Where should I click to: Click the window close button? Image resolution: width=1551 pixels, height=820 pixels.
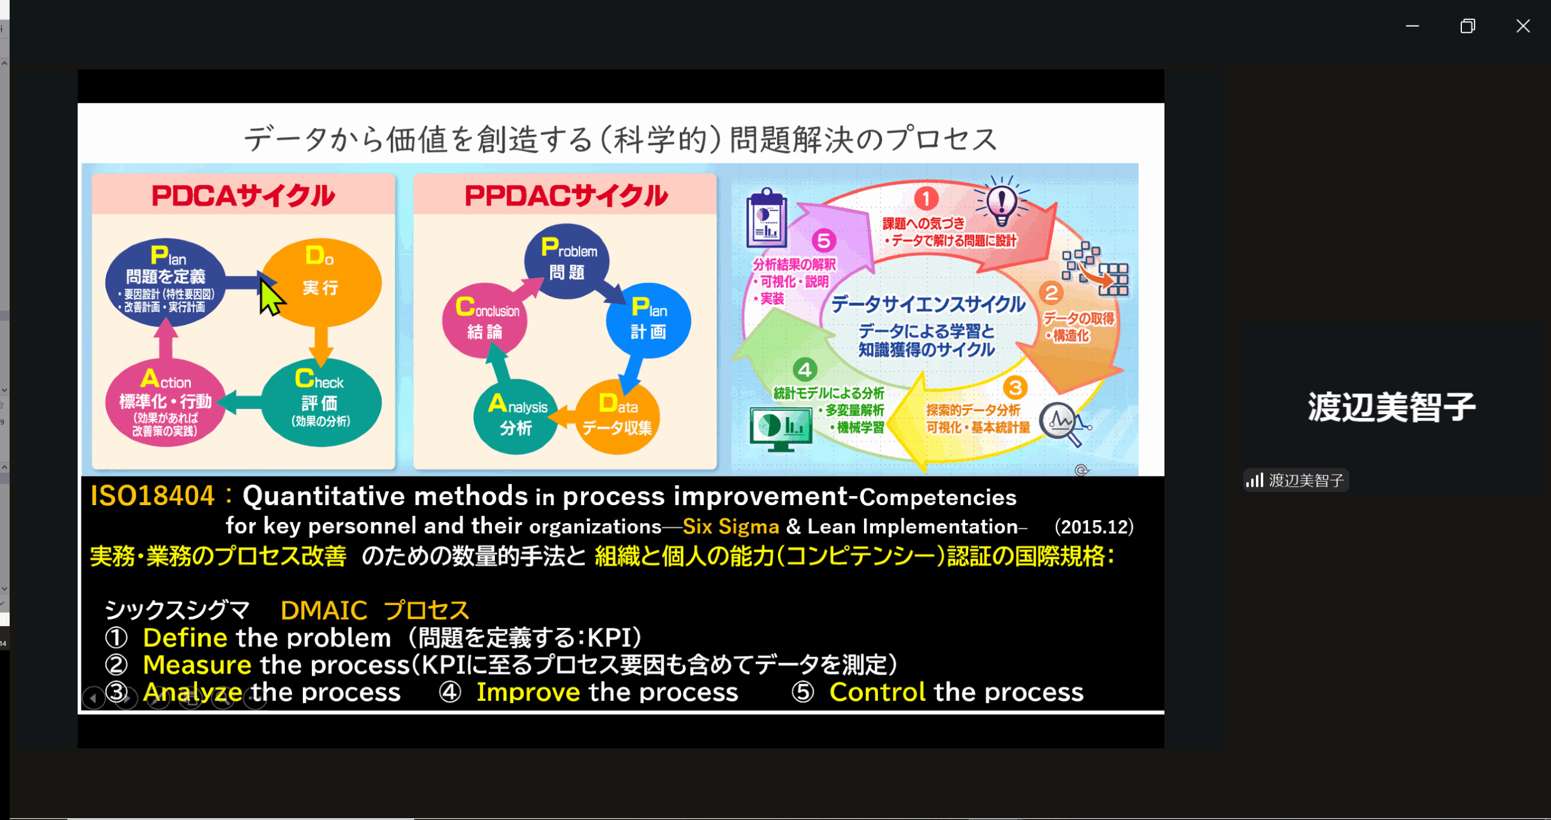(1523, 26)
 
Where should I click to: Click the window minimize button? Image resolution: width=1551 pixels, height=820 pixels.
(1412, 26)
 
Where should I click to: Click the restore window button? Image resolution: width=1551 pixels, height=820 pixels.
(1467, 26)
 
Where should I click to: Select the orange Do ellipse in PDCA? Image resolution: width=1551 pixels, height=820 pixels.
(321, 282)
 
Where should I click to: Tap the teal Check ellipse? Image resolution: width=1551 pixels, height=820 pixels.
(321, 403)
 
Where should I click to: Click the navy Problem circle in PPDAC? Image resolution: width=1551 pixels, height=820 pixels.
(567, 261)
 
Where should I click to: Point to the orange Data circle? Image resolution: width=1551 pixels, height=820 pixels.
(617, 417)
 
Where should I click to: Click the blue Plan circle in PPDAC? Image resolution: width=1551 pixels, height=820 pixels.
(648, 320)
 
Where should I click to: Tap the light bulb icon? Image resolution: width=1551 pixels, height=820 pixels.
(1001, 202)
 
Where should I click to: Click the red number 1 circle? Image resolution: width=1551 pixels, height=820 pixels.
(926, 197)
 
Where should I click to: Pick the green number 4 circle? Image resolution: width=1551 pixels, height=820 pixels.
(805, 369)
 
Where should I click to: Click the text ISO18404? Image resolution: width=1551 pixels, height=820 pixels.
(152, 495)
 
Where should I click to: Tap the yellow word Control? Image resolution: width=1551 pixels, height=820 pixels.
(877, 692)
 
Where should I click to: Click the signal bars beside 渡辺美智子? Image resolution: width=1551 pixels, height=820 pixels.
(1254, 480)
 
